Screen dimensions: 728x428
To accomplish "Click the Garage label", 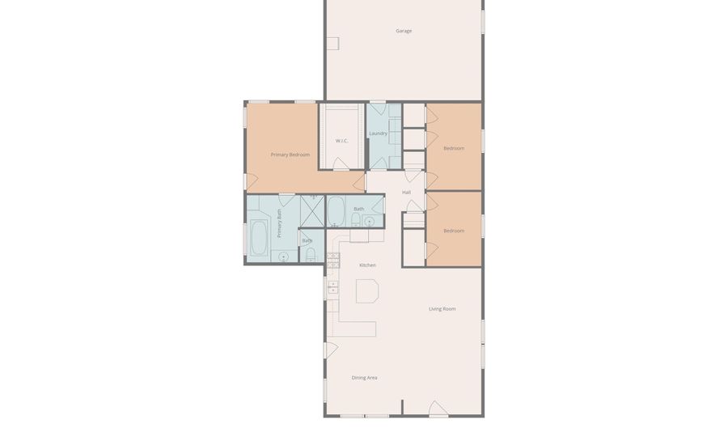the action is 404,31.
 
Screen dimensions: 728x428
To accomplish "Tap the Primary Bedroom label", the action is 290,155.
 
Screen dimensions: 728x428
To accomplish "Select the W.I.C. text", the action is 341,141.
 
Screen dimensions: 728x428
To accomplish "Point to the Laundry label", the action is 378,133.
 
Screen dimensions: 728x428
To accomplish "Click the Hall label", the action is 406,193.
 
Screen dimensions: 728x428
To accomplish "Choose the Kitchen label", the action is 367,265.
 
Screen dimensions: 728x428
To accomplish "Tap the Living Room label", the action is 442,309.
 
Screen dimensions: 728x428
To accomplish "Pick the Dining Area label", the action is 364,378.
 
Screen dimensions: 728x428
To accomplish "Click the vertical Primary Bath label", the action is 280,223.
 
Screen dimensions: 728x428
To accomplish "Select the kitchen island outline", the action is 367,291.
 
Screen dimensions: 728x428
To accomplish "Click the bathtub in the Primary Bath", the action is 259,238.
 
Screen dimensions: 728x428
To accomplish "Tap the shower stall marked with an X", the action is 312,211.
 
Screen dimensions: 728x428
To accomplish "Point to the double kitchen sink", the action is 333,287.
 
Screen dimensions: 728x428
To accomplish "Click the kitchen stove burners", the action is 333,261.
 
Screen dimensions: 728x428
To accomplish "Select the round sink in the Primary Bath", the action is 283,256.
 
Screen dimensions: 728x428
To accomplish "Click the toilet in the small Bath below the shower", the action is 311,254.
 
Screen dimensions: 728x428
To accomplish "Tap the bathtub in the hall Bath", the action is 336,210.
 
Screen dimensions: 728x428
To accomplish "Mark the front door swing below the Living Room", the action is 438,409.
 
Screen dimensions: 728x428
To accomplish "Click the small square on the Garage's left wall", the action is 332,44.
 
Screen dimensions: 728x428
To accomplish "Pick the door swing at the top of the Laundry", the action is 378,109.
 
